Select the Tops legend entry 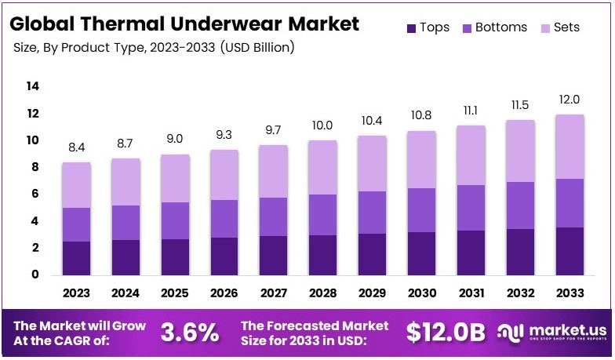[x=428, y=27]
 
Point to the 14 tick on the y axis [x=32, y=86]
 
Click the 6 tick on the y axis [x=35, y=194]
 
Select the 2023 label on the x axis [x=77, y=293]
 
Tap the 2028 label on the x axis [x=322, y=293]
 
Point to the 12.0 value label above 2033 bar [x=569, y=100]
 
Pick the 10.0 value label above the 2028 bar [x=322, y=125]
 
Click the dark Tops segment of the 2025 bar [x=175, y=256]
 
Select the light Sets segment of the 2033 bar [x=569, y=147]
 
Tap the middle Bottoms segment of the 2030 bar [x=421, y=210]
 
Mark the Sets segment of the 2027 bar [x=273, y=171]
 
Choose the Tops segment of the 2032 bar [x=519, y=252]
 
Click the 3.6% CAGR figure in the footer [x=190, y=333]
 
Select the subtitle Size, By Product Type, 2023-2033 [x=154, y=48]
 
